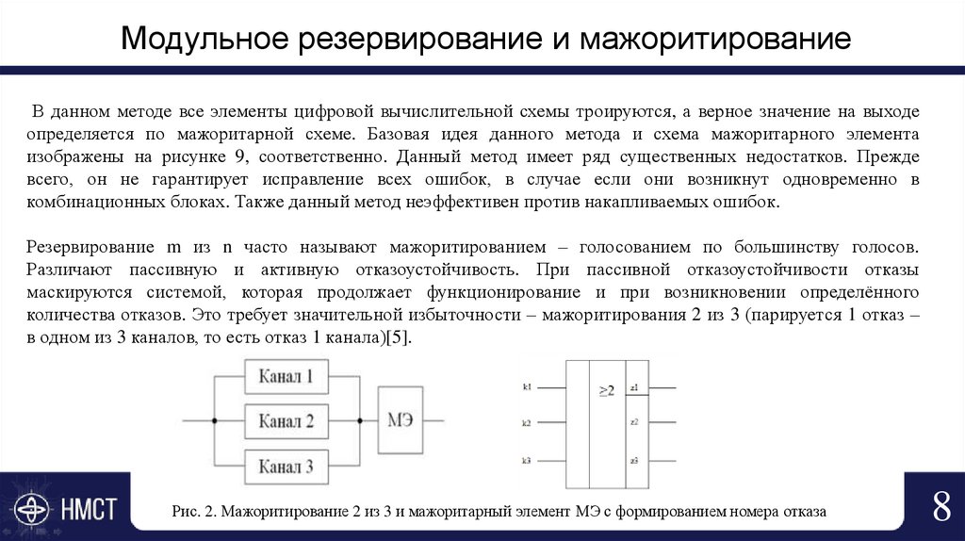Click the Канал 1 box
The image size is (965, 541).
(x=286, y=377)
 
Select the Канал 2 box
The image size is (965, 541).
(x=286, y=420)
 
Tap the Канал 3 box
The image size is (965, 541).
(x=286, y=465)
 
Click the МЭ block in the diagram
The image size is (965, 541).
(x=401, y=419)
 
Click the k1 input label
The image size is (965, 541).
(x=527, y=387)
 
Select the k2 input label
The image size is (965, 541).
(x=527, y=423)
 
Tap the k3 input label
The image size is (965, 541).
(x=527, y=460)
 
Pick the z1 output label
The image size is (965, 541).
(x=635, y=387)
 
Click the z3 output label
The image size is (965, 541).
(x=635, y=460)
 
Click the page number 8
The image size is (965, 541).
(x=940, y=507)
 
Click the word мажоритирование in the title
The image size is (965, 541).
(x=714, y=39)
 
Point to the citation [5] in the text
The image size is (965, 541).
(x=398, y=338)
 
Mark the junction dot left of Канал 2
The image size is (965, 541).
(x=215, y=420)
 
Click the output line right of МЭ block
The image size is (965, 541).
(x=434, y=420)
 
